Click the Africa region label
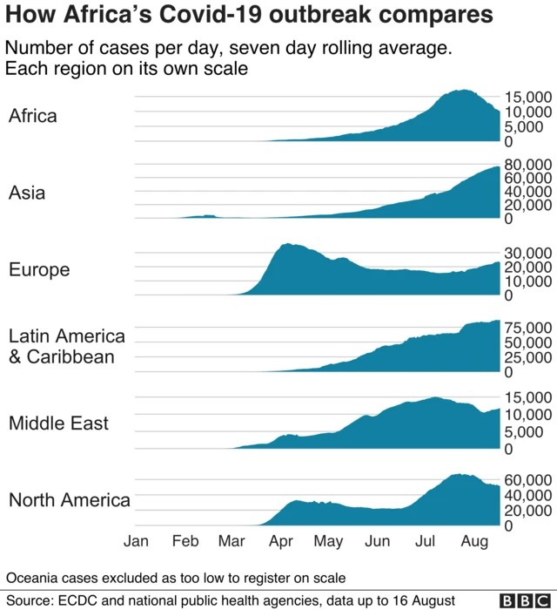[x=33, y=116]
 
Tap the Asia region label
[x=27, y=193]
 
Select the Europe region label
[x=39, y=270]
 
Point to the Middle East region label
[x=59, y=424]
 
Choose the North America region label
[x=70, y=500]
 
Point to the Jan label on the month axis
[x=136, y=541]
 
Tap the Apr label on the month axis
[x=281, y=541]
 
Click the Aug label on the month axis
[x=473, y=541]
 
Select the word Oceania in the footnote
[x=32, y=578]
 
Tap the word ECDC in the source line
[x=81, y=600]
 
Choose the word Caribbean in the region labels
[x=70, y=356]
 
